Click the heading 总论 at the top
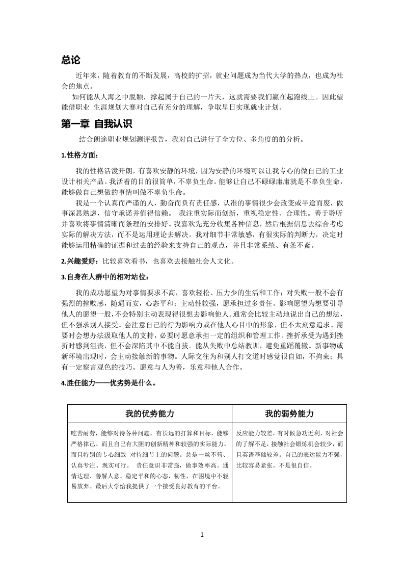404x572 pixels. [x=71, y=60]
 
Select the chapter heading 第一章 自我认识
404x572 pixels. [x=96, y=124]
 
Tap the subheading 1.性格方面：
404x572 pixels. [x=79, y=155]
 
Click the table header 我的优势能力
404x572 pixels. [x=150, y=413]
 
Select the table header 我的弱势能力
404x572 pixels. [x=289, y=413]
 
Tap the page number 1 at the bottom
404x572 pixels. [x=202, y=535]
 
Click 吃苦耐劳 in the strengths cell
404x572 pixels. [x=82, y=433]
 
